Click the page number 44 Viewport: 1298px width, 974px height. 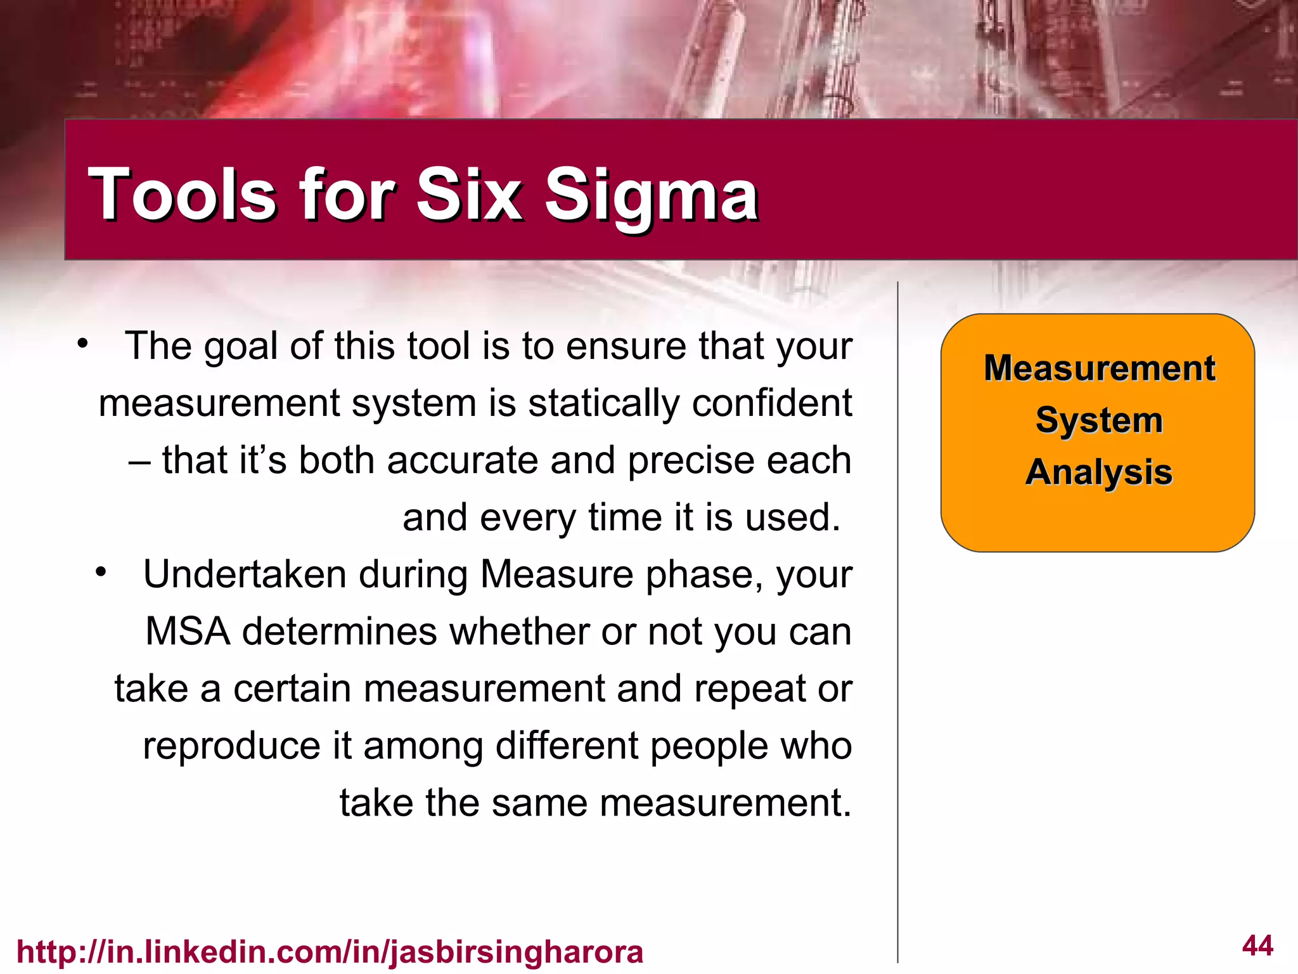[x=1257, y=945]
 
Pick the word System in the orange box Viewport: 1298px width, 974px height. [x=1099, y=420]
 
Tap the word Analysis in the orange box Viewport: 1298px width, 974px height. [x=1099, y=472]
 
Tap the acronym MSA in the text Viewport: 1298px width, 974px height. [x=188, y=632]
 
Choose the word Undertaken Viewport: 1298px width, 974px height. [x=245, y=575]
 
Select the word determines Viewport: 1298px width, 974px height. [x=340, y=632]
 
